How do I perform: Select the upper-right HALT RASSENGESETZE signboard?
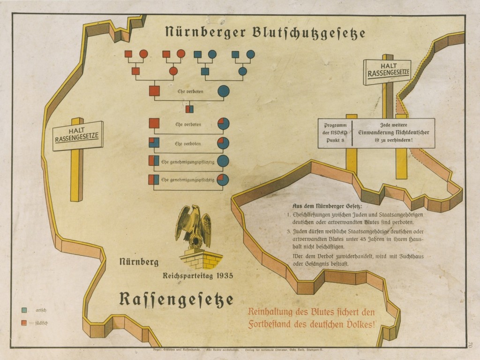point(387,71)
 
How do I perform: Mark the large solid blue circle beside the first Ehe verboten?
point(223,90)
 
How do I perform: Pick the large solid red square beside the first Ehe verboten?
point(154,90)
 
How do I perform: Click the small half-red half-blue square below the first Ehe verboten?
point(189,110)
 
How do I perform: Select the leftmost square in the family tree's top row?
point(128,54)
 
